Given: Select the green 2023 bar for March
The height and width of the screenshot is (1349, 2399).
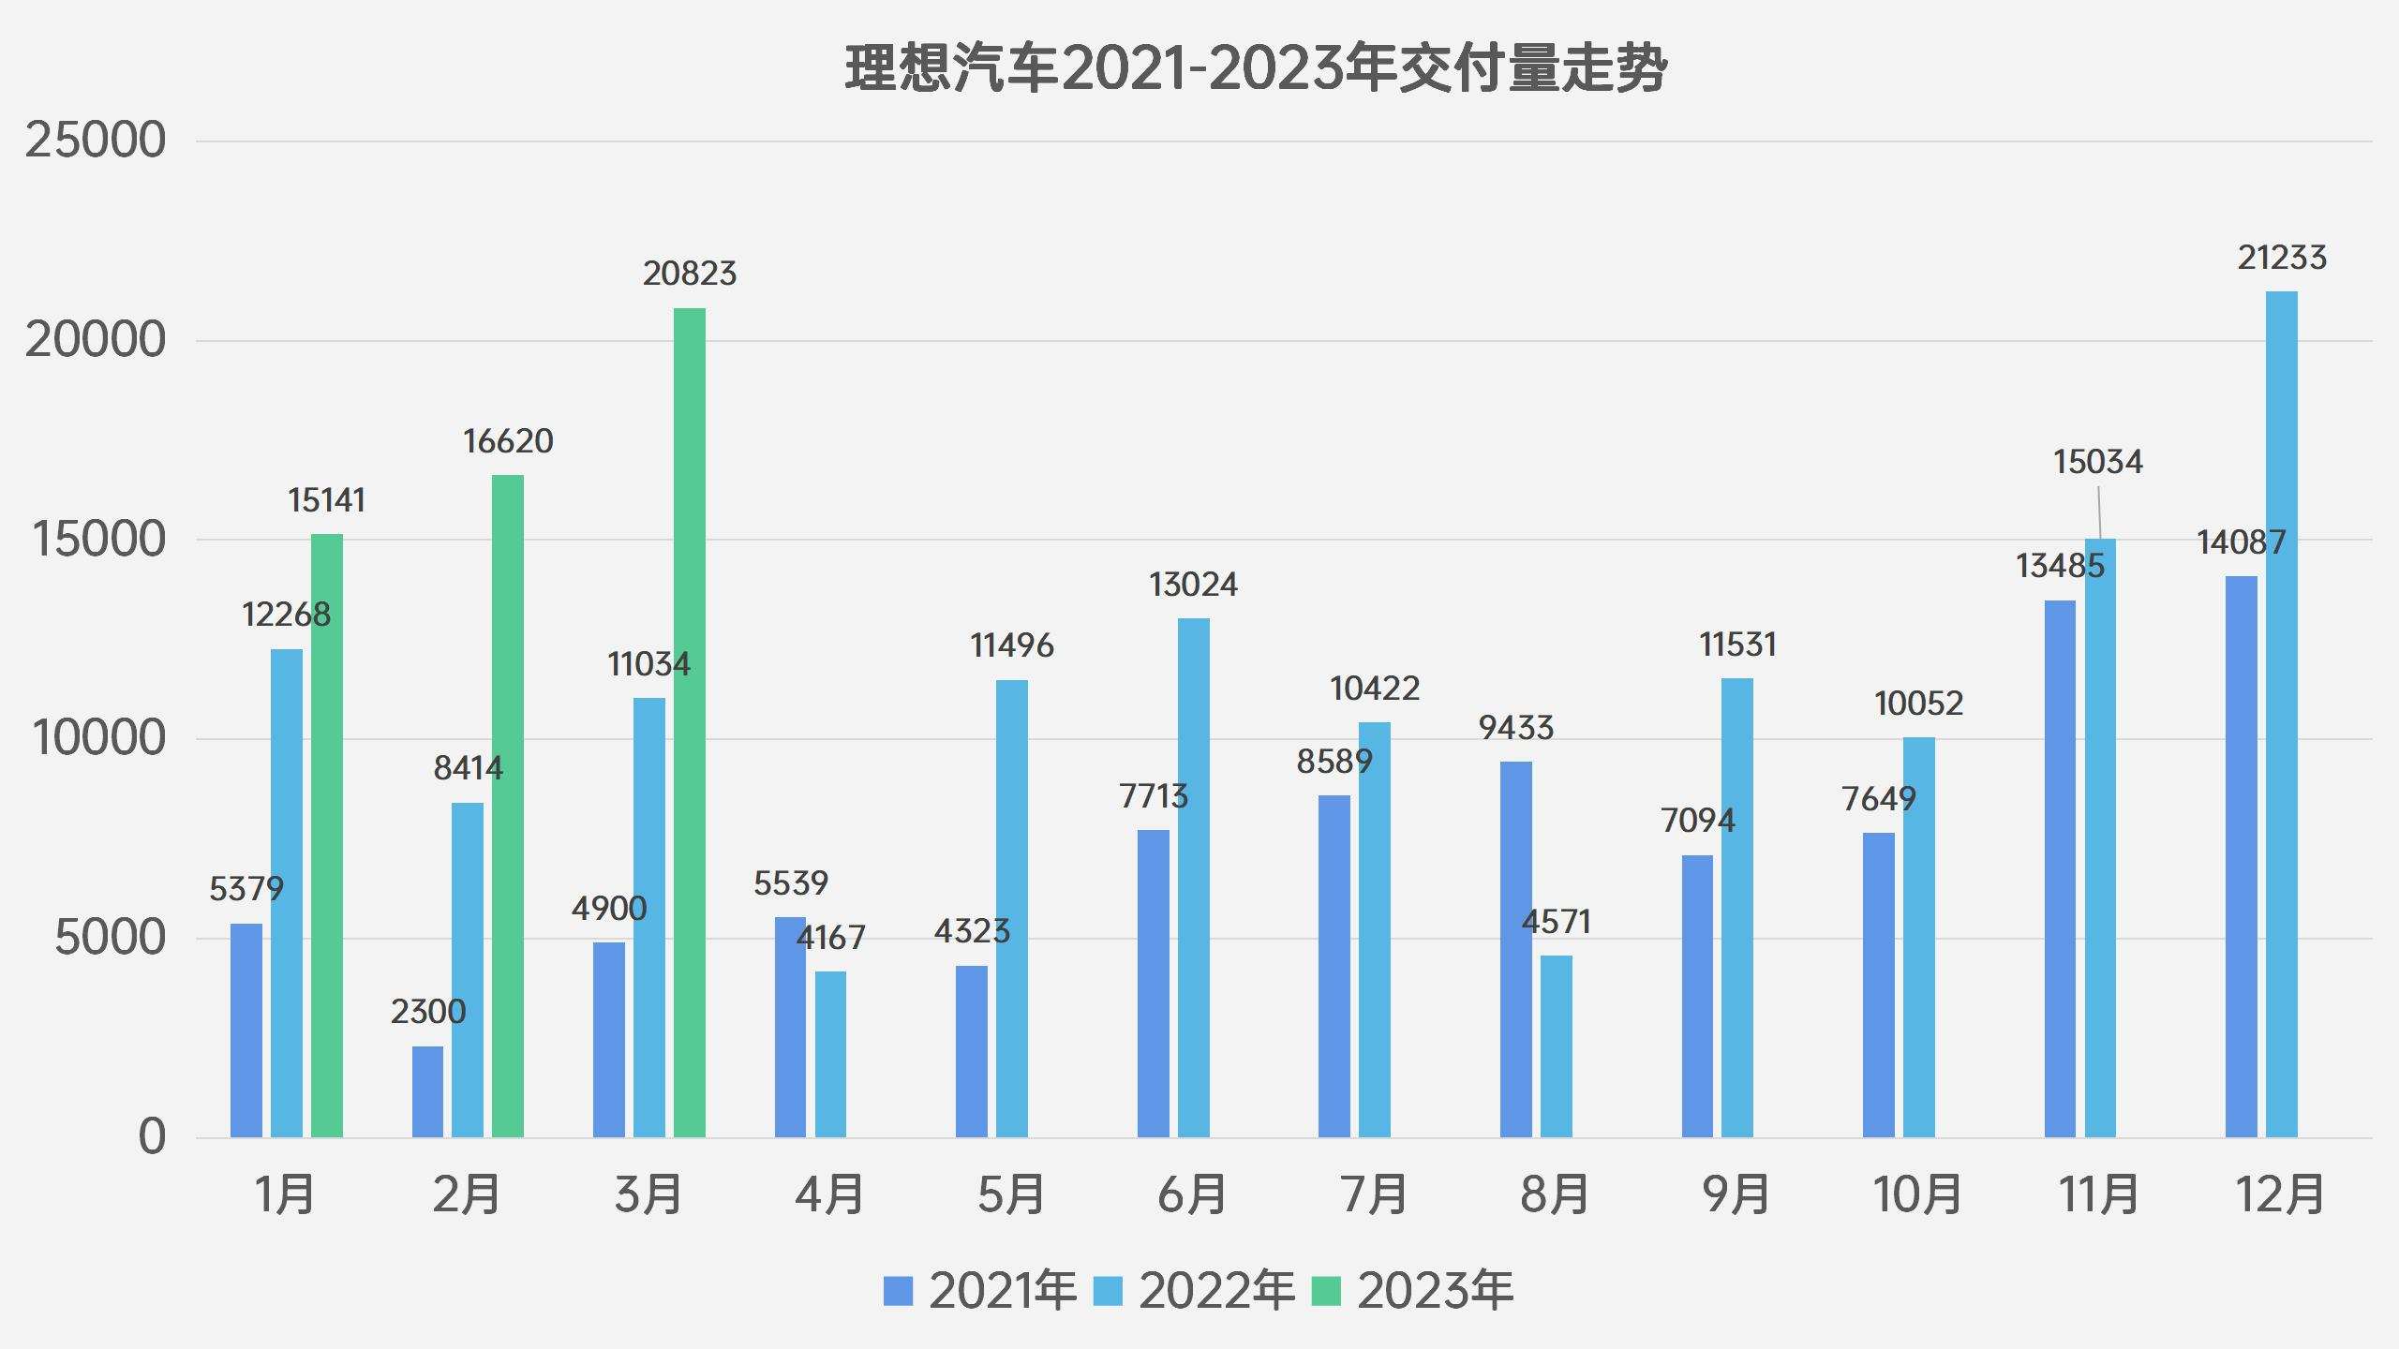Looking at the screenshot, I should pyautogui.click(x=689, y=721).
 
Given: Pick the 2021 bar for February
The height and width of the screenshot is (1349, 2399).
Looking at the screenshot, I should pyautogui.click(x=427, y=1091).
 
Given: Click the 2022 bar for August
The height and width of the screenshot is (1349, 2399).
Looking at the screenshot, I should pyautogui.click(x=1556, y=1045).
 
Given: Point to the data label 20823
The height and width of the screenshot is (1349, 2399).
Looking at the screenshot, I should pyautogui.click(x=690, y=274).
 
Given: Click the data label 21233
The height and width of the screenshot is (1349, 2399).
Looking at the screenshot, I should pyautogui.click(x=2281, y=258).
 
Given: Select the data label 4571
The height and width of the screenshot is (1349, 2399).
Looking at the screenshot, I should pyautogui.click(x=1556, y=923).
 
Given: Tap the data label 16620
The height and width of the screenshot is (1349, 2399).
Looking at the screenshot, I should pyautogui.click(x=508, y=441).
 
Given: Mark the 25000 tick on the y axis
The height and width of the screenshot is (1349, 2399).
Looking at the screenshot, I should pyautogui.click(x=95, y=141).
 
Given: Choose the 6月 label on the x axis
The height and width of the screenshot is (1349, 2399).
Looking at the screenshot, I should pyautogui.click(x=1192, y=1194).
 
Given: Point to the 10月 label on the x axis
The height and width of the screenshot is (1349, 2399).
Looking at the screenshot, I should pyautogui.click(x=1917, y=1194).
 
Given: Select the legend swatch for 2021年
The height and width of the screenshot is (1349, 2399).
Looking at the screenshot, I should pyautogui.click(x=898, y=1291).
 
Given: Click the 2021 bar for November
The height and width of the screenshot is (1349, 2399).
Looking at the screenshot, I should pyautogui.click(x=2060, y=868).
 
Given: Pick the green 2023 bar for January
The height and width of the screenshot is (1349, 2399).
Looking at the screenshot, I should pyautogui.click(x=327, y=836).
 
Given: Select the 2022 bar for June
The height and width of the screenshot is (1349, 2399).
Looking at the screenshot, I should pyautogui.click(x=1193, y=878).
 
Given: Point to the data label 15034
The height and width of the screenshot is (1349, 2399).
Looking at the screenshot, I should pyautogui.click(x=2097, y=462).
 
